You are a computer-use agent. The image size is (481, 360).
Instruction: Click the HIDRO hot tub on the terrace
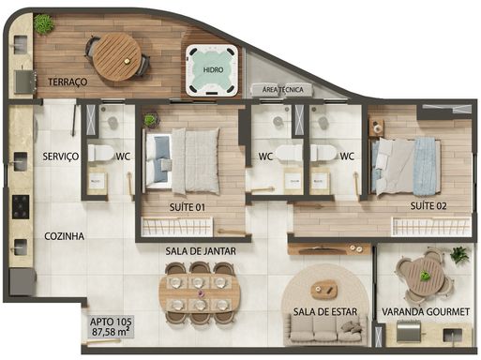pyautogui.click(x=213, y=70)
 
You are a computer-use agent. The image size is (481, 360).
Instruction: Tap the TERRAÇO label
pyautogui.click(x=68, y=82)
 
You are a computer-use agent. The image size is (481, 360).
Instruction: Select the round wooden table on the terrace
pyautogui.click(x=117, y=57)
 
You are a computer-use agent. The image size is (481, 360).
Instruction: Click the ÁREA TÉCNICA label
pyautogui.click(x=283, y=90)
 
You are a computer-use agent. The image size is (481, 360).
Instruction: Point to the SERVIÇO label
pyautogui.click(x=61, y=157)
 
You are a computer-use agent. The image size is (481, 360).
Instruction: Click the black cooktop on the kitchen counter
pyautogui.click(x=21, y=207)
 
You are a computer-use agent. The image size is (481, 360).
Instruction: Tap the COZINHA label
pyautogui.click(x=64, y=236)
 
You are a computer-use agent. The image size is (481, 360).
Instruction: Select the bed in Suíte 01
pyautogui.click(x=181, y=160)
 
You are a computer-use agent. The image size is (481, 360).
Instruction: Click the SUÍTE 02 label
pyautogui.click(x=428, y=206)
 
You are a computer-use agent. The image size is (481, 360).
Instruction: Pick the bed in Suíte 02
pyautogui.click(x=406, y=166)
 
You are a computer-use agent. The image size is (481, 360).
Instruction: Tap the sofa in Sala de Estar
pyautogui.click(x=325, y=330)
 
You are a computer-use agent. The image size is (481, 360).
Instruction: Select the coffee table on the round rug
pyautogui.click(x=323, y=289)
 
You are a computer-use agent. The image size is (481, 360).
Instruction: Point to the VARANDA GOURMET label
pyautogui.click(x=426, y=312)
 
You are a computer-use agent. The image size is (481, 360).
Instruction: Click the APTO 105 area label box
pyautogui.click(x=111, y=326)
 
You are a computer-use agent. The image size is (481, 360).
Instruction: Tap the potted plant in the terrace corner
pyautogui.click(x=44, y=23)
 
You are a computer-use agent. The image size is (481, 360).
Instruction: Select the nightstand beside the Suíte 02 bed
pyautogui.click(x=377, y=127)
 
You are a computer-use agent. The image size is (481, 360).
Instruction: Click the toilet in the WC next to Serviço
pyautogui.click(x=100, y=153)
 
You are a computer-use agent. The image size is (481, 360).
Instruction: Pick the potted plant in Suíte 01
pyautogui.click(x=150, y=120)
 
